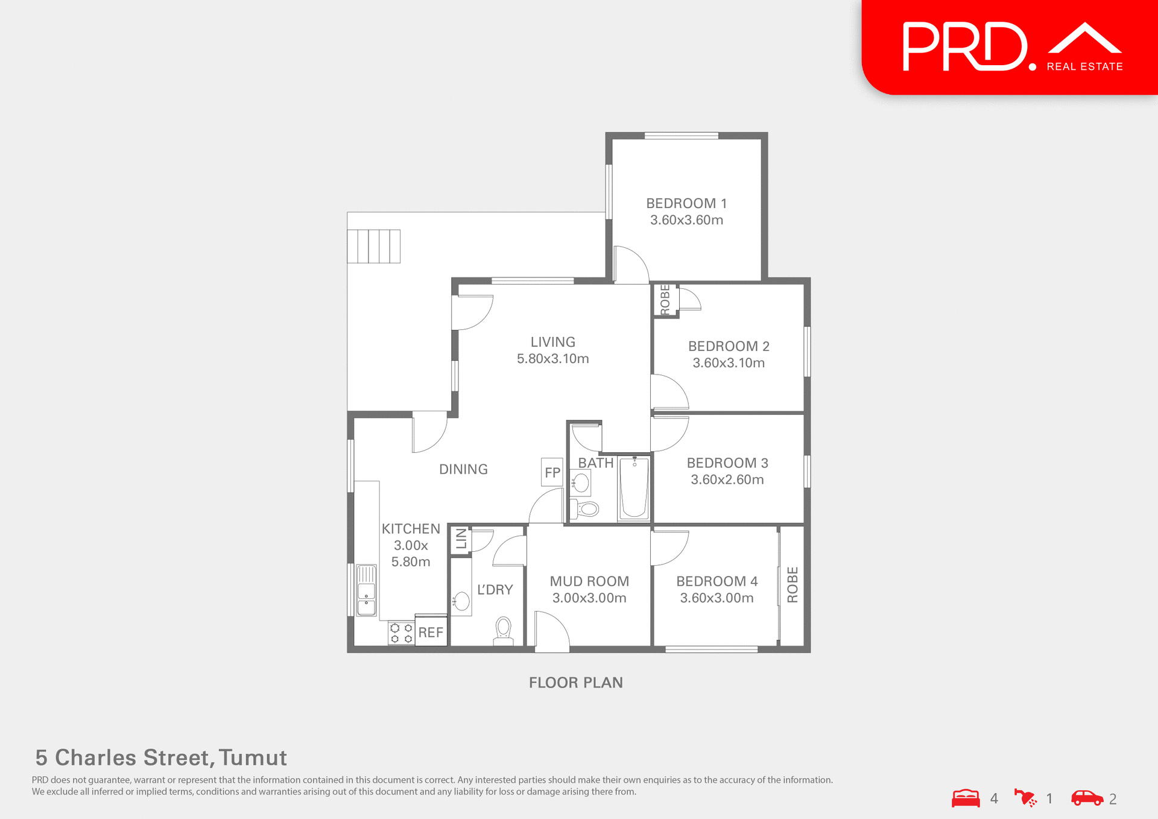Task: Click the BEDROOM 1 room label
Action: pyautogui.click(x=686, y=204)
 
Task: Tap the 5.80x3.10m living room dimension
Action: pyautogui.click(x=552, y=359)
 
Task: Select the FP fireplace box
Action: pyautogui.click(x=552, y=472)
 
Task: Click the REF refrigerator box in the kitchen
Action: pyautogui.click(x=431, y=631)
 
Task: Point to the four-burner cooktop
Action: pyautogui.click(x=401, y=633)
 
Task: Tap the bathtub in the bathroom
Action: pyautogui.click(x=634, y=487)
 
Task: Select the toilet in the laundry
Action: pyautogui.click(x=504, y=629)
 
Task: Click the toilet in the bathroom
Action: pyautogui.click(x=586, y=509)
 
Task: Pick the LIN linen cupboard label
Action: pyautogui.click(x=461, y=539)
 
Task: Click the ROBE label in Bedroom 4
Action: pyautogui.click(x=793, y=584)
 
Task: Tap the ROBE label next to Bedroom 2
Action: pyautogui.click(x=665, y=299)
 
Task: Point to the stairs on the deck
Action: pyautogui.click(x=373, y=246)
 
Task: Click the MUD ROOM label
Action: pyautogui.click(x=589, y=581)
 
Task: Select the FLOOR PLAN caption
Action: pyautogui.click(x=576, y=683)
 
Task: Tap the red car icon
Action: pyautogui.click(x=1087, y=798)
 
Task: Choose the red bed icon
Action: pyautogui.click(x=966, y=798)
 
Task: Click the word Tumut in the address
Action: pyautogui.click(x=253, y=757)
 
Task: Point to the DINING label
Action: pyautogui.click(x=463, y=469)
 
